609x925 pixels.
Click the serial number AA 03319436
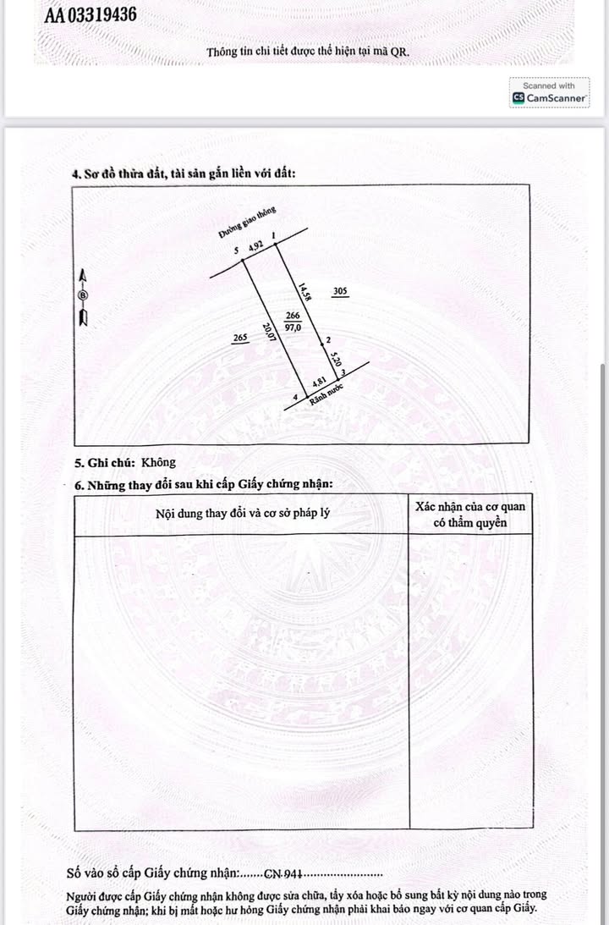pyautogui.click(x=91, y=15)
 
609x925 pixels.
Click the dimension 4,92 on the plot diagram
pyautogui.click(x=256, y=247)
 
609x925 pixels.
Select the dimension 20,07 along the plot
pyautogui.click(x=268, y=333)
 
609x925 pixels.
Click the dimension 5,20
pyautogui.click(x=336, y=360)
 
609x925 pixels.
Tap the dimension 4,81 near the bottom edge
pyautogui.click(x=319, y=382)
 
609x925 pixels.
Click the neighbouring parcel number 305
pyautogui.click(x=339, y=291)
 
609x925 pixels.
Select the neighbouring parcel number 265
pyautogui.click(x=239, y=339)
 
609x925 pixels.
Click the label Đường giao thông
pyautogui.click(x=247, y=222)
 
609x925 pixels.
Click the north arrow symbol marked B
pyautogui.click(x=83, y=296)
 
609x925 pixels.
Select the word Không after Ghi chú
pyautogui.click(x=158, y=462)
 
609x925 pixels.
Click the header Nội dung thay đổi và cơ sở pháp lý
pyautogui.click(x=242, y=514)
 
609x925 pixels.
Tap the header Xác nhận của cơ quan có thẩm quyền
pyautogui.click(x=470, y=515)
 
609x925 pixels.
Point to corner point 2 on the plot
pyautogui.click(x=327, y=340)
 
